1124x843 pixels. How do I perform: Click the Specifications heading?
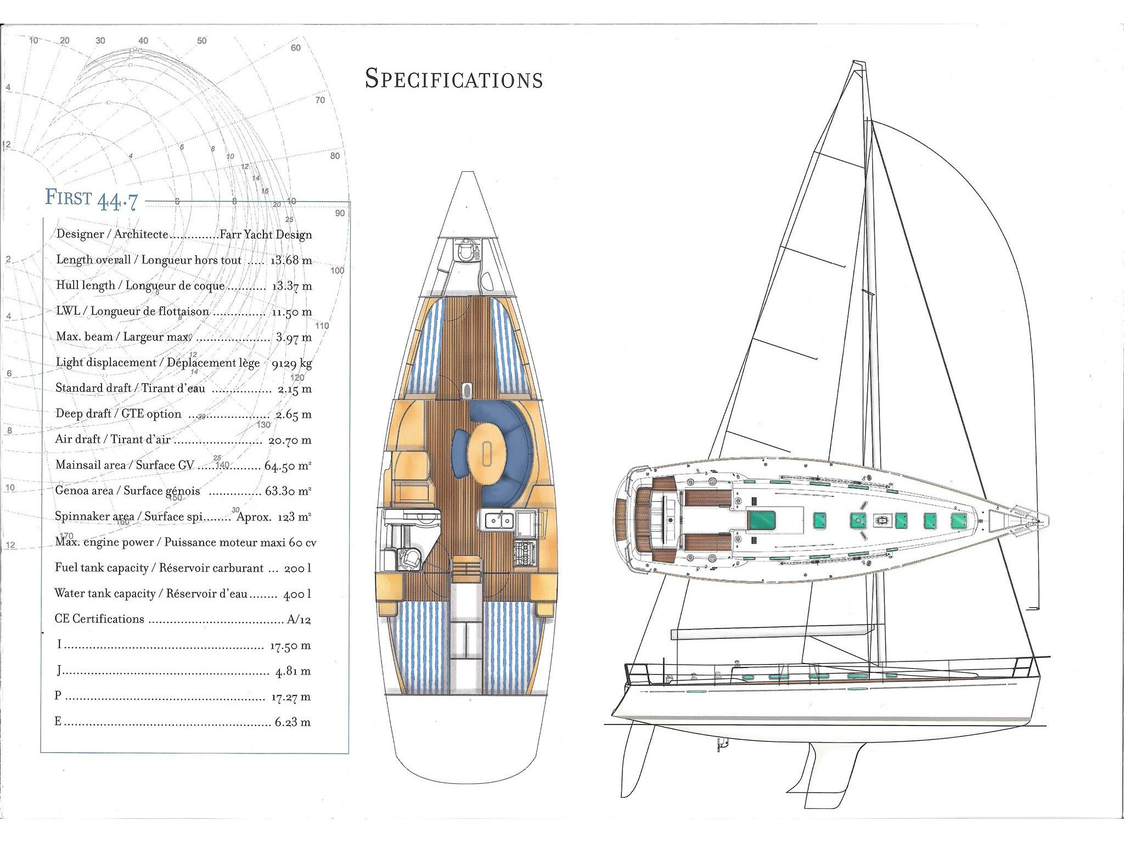point(454,78)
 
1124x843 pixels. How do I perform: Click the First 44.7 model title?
point(91,199)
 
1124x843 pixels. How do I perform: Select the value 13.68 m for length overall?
point(291,260)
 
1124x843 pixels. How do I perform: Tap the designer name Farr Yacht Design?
point(266,234)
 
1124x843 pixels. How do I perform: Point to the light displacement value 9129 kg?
point(292,363)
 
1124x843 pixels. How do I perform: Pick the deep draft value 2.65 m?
point(294,414)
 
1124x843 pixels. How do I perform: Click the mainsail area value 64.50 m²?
point(288,466)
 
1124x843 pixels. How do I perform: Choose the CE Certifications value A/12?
point(299,620)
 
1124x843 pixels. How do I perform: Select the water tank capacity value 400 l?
point(297,594)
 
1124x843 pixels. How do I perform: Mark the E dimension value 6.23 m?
point(293,722)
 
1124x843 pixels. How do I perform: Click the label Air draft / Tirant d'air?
point(113,439)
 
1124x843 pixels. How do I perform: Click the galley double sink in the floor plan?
point(498,520)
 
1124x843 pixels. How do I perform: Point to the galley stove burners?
point(524,554)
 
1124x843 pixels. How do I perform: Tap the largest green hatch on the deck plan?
point(762,520)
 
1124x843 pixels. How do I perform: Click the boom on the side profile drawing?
point(772,632)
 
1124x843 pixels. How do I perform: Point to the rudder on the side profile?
point(638,760)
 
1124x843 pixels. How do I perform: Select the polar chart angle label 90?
point(340,213)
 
